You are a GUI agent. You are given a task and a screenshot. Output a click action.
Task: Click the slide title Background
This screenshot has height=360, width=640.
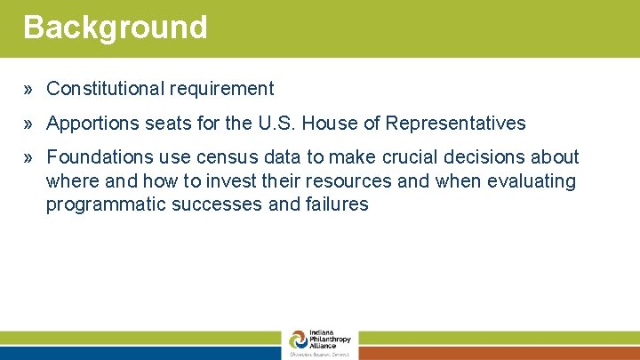116,27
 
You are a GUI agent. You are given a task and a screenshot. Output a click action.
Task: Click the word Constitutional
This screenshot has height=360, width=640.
98,89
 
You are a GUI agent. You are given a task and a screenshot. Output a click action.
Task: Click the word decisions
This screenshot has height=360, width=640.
484,157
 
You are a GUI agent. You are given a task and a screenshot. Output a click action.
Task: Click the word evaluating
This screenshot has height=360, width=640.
531,181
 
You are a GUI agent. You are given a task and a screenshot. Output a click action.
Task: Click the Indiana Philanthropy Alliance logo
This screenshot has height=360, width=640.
320,343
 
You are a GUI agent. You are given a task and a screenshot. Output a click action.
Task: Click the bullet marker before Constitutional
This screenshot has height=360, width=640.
29,89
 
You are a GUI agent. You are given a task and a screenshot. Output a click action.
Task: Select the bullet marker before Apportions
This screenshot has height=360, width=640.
29,124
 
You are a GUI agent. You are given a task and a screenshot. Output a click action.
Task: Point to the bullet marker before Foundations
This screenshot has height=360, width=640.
29,158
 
